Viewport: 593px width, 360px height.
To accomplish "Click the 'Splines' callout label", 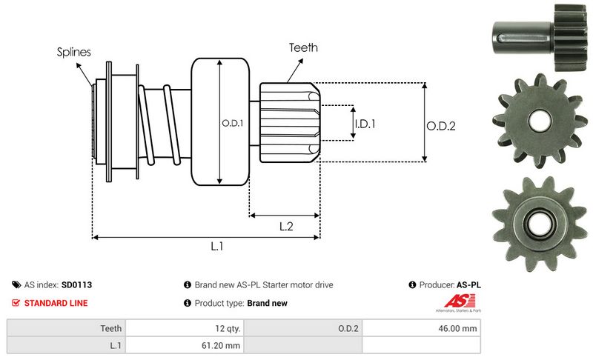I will (x=74, y=53).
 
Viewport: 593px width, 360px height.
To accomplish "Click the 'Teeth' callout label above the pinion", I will (x=303, y=47).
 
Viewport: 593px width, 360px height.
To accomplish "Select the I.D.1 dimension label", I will (x=364, y=124).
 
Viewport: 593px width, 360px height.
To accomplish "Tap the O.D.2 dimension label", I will (x=440, y=126).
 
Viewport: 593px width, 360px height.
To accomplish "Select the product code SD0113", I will (x=76, y=284).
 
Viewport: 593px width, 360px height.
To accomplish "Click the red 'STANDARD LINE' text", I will (x=56, y=303).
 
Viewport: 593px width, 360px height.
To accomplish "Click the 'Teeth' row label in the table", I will (x=112, y=328).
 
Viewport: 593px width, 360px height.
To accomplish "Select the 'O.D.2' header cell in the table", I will (x=348, y=328).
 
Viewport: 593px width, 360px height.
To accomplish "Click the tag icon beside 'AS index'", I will (x=16, y=284).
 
